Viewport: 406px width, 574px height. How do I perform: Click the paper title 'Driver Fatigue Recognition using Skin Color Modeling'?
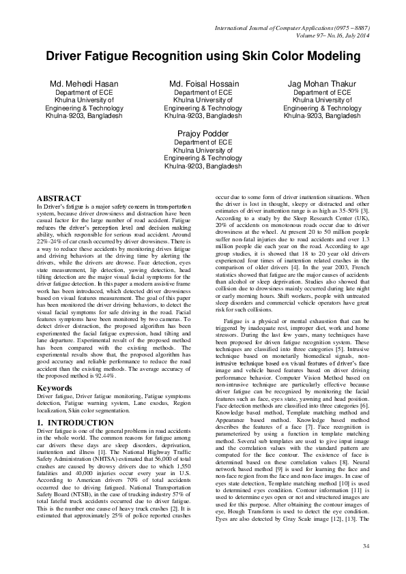click(203, 57)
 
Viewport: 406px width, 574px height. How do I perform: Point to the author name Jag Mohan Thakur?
click(322, 84)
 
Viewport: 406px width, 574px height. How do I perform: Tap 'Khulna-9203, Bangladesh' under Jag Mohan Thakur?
click(322, 117)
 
